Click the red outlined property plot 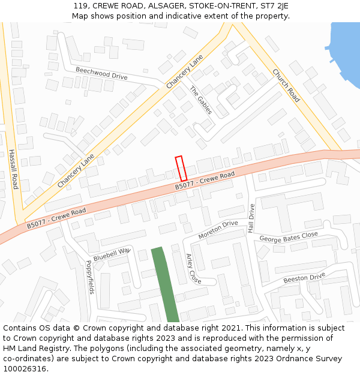click(x=181, y=169)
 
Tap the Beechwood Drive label click(x=101, y=73)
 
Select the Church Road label click(x=286, y=85)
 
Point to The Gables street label click(x=201, y=100)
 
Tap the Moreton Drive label click(x=218, y=229)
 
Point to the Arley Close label click(x=193, y=268)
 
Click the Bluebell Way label click(x=112, y=254)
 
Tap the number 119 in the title click(x=80, y=5)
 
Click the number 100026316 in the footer click(x=25, y=368)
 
